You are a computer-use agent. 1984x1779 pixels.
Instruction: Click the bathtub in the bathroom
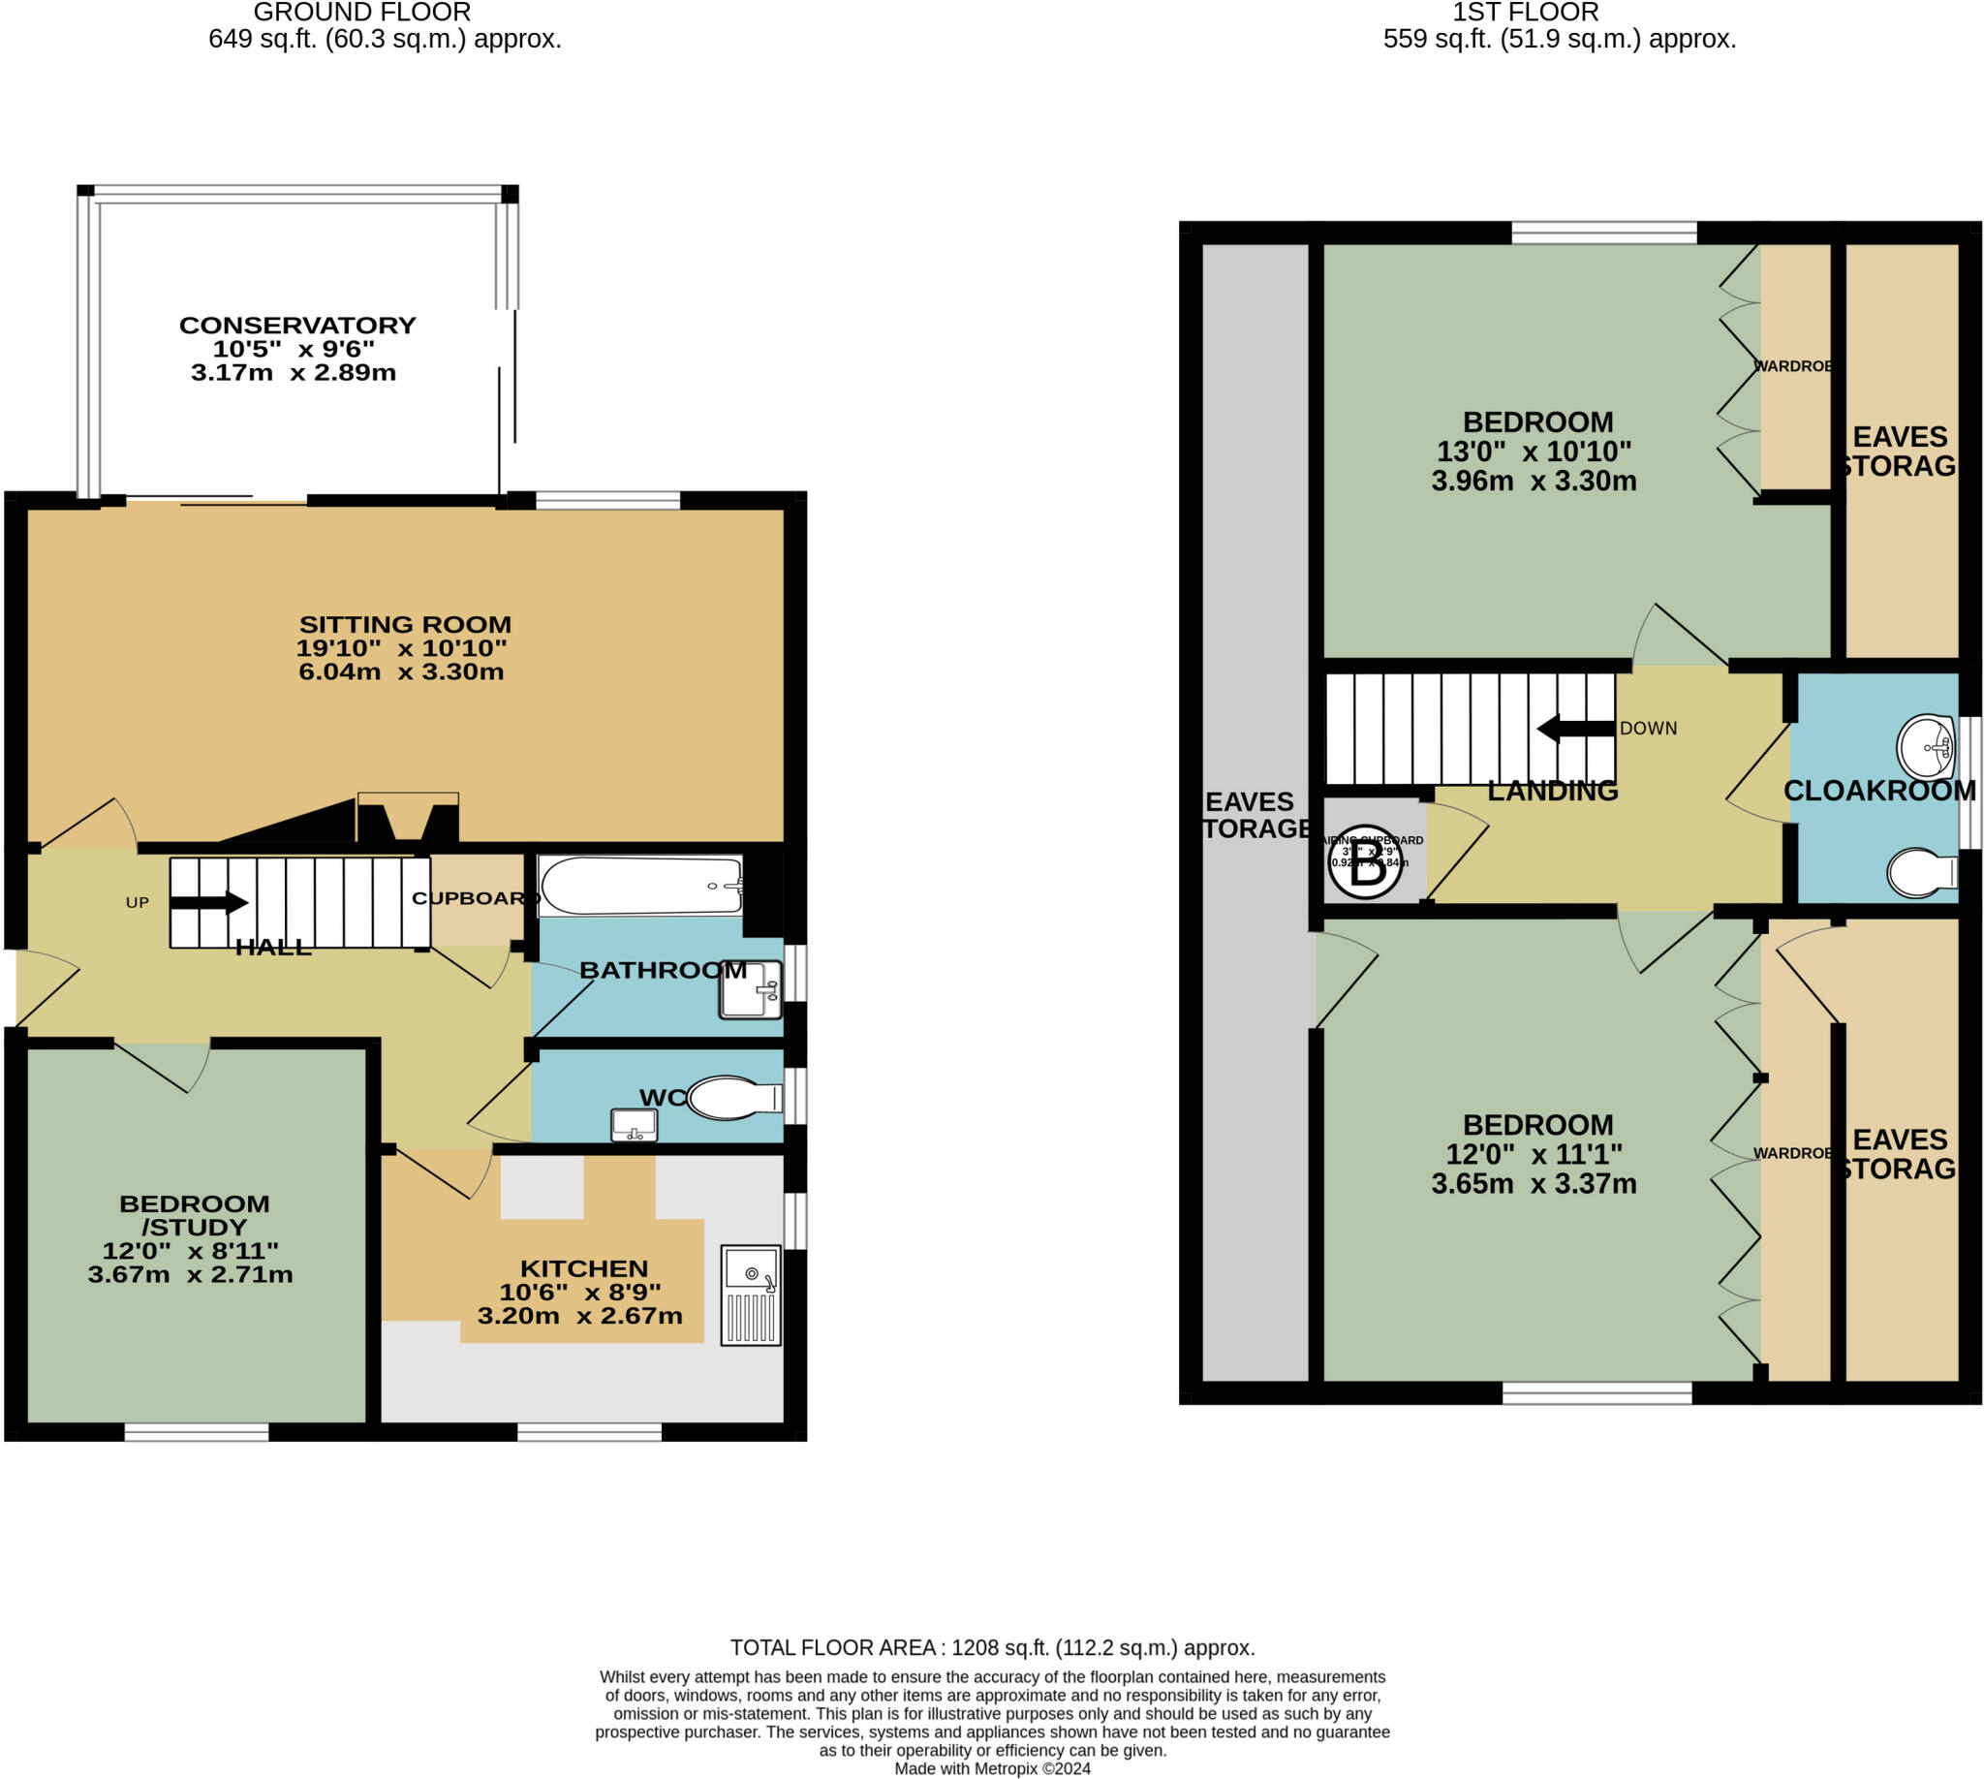pos(641,886)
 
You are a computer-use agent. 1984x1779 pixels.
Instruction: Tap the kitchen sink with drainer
pos(751,1295)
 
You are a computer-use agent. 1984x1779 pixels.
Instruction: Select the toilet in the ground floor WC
pos(733,1098)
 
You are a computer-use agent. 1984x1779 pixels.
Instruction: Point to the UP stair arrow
pos(209,902)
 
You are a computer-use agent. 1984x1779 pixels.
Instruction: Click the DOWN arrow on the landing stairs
pos(1574,730)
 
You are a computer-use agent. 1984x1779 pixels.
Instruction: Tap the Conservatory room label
pos(297,326)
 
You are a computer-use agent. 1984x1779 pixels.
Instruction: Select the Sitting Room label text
pos(405,625)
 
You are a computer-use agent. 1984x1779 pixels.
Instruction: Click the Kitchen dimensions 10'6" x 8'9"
pos(579,1292)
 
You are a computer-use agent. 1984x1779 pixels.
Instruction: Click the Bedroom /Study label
pos(194,1215)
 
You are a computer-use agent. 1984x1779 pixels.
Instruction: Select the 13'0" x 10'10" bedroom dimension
pos(1534,452)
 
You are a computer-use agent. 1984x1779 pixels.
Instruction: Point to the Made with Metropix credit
pos(992,1768)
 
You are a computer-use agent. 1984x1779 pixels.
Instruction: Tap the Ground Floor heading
pos(361,13)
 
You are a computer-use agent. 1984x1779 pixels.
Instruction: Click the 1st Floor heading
pos(1525,13)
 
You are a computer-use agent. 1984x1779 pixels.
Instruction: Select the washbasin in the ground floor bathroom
pos(751,989)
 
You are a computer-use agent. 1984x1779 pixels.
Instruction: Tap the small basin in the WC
pos(634,1125)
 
